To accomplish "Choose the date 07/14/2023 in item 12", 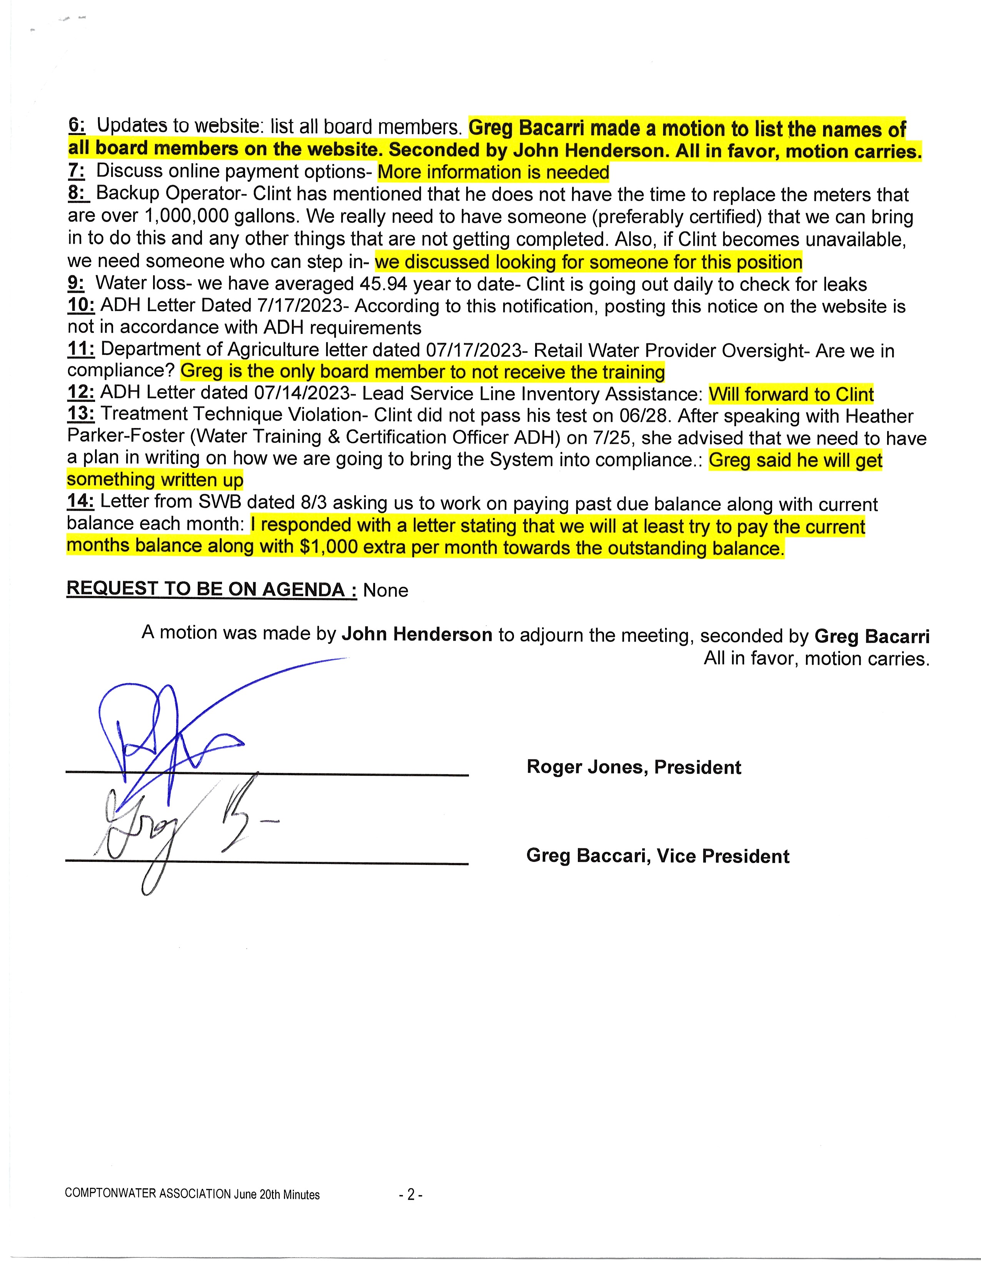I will pyautogui.click(x=302, y=393).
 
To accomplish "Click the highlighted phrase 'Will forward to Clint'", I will pyautogui.click(x=791, y=395).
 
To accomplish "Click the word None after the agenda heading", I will pyautogui.click(x=385, y=590).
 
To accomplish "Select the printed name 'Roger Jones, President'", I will pyautogui.click(x=634, y=767).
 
